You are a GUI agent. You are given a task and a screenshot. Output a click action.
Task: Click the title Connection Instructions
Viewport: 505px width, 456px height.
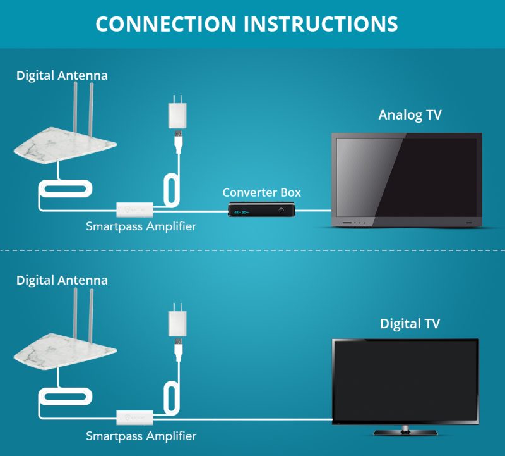(247, 23)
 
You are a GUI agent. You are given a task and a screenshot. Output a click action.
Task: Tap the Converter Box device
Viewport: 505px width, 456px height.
(262, 209)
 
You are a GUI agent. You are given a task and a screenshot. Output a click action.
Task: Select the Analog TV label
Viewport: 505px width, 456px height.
(410, 115)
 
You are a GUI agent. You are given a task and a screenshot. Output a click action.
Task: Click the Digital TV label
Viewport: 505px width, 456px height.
(410, 324)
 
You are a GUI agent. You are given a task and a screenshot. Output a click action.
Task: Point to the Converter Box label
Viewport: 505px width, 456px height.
(261, 192)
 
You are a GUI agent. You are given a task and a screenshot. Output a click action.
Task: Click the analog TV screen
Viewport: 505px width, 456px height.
(407, 176)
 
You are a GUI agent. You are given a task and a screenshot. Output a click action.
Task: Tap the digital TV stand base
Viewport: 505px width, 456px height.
(405, 433)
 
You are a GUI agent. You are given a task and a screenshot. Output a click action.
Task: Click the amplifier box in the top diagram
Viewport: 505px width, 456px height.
(134, 209)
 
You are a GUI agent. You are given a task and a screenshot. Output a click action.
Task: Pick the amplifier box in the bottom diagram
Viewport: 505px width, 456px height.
(134, 417)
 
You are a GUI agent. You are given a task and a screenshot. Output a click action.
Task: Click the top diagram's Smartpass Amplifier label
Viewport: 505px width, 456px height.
(141, 226)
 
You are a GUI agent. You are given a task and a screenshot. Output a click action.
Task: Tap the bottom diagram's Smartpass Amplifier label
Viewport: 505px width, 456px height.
(141, 436)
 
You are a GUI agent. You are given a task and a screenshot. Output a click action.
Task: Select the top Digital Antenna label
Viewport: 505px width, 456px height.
(62, 76)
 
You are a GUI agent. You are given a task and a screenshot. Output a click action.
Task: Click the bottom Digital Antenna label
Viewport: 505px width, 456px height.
(62, 280)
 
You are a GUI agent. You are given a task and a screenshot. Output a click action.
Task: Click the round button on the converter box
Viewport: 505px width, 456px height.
(277, 209)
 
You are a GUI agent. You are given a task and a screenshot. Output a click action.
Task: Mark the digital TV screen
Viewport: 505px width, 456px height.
(405, 381)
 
